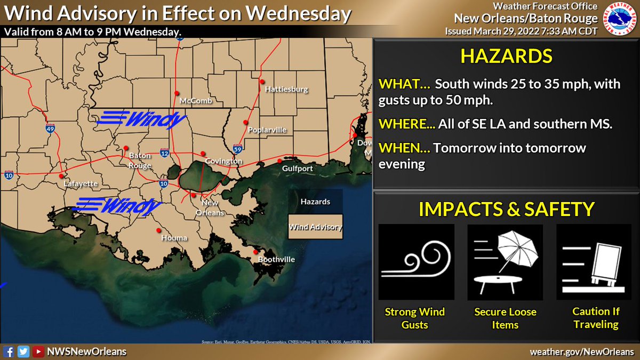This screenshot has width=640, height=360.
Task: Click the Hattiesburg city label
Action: (x=286, y=90)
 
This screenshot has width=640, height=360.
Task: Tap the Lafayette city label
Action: (x=81, y=183)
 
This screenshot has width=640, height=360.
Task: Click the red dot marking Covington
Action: (x=203, y=154)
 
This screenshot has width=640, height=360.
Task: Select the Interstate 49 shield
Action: (x=49, y=129)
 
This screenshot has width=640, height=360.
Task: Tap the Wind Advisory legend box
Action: (x=315, y=227)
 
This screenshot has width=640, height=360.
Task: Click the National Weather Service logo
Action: (x=620, y=19)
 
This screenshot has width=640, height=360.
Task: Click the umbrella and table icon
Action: (x=505, y=262)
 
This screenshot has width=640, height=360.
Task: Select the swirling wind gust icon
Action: (x=416, y=262)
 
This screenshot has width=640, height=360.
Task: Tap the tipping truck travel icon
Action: (x=594, y=262)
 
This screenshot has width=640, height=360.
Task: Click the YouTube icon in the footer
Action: (x=38, y=351)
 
